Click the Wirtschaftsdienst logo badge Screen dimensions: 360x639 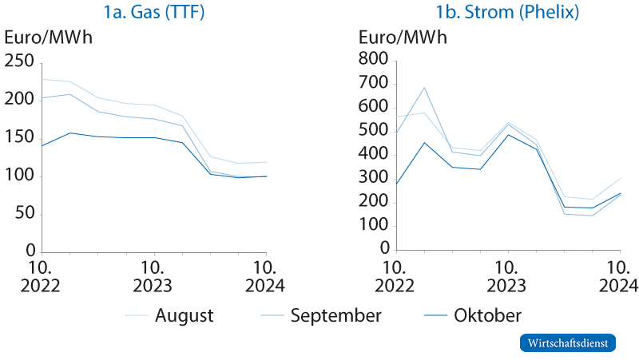[x=568, y=342]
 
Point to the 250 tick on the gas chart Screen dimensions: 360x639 [x=20, y=61]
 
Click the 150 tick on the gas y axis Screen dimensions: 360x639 [x=20, y=137]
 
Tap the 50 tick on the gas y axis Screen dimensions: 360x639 [x=25, y=213]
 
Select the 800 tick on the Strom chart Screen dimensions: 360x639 [x=374, y=61]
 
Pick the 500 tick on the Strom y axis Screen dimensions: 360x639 [x=374, y=132]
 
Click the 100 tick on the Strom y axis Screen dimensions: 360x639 [x=374, y=226]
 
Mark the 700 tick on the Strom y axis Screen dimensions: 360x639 [x=374, y=85]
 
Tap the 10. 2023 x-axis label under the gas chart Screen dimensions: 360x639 [x=153, y=275]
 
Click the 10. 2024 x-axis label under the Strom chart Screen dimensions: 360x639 [x=619, y=275]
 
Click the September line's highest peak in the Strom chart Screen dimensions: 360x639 [x=425, y=88]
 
